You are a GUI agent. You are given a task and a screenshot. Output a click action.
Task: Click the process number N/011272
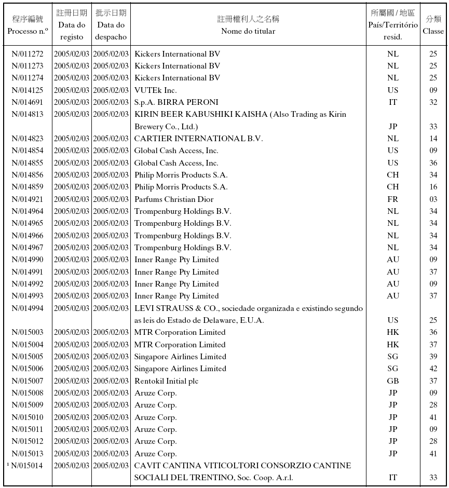(28, 54)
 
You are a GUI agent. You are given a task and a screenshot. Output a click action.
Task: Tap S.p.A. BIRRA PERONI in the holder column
(176, 102)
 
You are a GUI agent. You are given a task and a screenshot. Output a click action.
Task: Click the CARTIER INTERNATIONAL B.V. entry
(198, 139)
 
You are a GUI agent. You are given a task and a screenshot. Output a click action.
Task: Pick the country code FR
(393, 199)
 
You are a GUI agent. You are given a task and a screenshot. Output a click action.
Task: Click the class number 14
(433, 139)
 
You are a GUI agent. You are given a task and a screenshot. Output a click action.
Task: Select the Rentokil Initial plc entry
(166, 381)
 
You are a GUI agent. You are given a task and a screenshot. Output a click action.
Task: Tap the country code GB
(393, 381)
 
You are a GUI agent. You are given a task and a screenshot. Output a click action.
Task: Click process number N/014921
(28, 199)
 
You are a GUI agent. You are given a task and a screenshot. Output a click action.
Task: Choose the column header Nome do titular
(248, 31)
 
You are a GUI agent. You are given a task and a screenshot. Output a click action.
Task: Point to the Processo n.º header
(28, 31)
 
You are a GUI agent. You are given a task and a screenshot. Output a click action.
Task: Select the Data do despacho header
(111, 31)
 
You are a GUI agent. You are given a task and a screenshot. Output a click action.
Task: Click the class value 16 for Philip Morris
(433, 187)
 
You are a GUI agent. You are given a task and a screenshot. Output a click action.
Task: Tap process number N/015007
(28, 381)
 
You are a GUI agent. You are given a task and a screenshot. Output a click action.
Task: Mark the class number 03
(433, 199)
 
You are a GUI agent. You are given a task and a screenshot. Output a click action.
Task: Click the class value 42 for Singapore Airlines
(433, 369)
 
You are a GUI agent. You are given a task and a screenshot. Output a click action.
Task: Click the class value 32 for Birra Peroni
(433, 102)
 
